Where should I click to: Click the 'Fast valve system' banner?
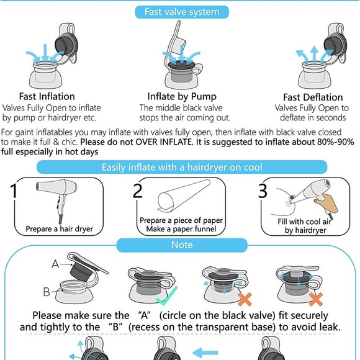(182, 12)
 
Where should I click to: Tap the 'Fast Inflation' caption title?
(47, 96)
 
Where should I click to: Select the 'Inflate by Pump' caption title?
(182, 97)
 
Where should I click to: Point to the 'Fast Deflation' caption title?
(313, 97)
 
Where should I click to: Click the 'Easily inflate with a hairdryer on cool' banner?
(182, 167)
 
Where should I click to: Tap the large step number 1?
(14, 191)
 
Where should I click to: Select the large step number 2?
(138, 191)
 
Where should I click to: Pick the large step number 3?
(263, 191)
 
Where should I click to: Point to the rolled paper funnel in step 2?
(184, 195)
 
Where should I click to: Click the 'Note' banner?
(182, 245)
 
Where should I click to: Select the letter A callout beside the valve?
(55, 264)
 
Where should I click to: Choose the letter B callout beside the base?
(47, 292)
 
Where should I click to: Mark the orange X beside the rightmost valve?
(316, 299)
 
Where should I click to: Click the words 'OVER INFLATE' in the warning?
(164, 142)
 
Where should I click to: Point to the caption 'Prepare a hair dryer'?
(59, 229)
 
